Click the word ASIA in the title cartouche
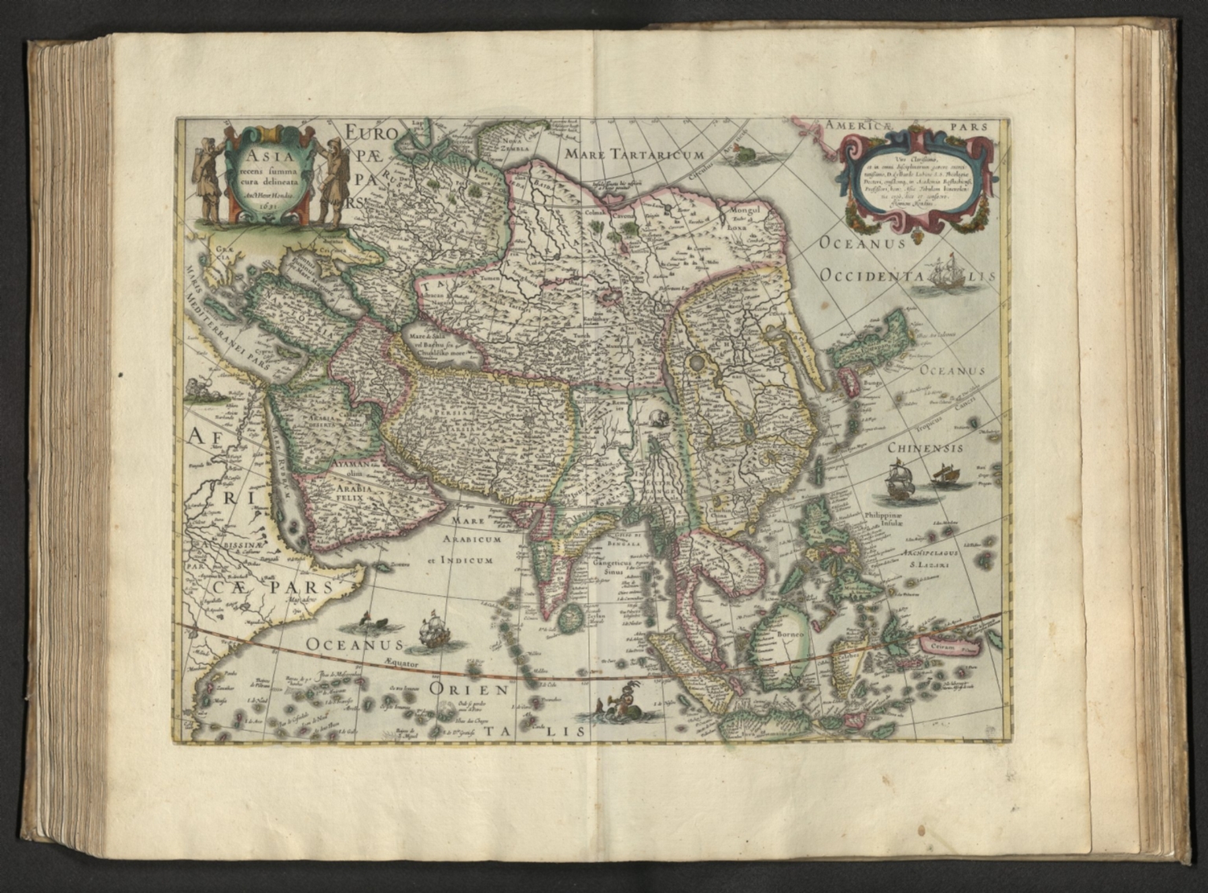[262, 145]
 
